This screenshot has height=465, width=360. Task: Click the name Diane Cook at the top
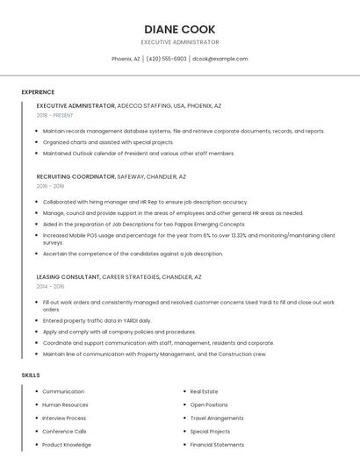coord(180,29)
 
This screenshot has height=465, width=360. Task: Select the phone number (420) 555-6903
coord(166,59)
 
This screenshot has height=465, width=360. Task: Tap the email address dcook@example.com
coord(220,59)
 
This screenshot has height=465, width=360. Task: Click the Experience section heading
coord(38,92)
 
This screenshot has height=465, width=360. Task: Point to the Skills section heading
coord(31,375)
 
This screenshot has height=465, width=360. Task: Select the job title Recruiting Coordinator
coord(76,176)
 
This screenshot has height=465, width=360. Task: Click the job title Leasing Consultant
coord(68,276)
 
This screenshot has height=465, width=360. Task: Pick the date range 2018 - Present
coord(54,115)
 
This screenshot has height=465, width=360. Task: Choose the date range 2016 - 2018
coord(50,186)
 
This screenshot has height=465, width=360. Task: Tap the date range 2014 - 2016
coord(50,286)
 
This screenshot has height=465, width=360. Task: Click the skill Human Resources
coord(65,404)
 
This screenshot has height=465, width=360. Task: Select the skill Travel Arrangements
coord(217,418)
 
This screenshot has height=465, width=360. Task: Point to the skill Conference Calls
coord(64,431)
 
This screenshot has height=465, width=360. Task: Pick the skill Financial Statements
coord(217,444)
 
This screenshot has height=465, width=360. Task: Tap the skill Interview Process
coord(64,418)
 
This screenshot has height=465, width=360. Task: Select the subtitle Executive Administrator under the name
coord(180,42)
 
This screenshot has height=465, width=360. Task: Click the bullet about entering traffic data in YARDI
coord(97,320)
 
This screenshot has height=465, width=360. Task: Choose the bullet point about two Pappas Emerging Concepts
coord(144,224)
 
